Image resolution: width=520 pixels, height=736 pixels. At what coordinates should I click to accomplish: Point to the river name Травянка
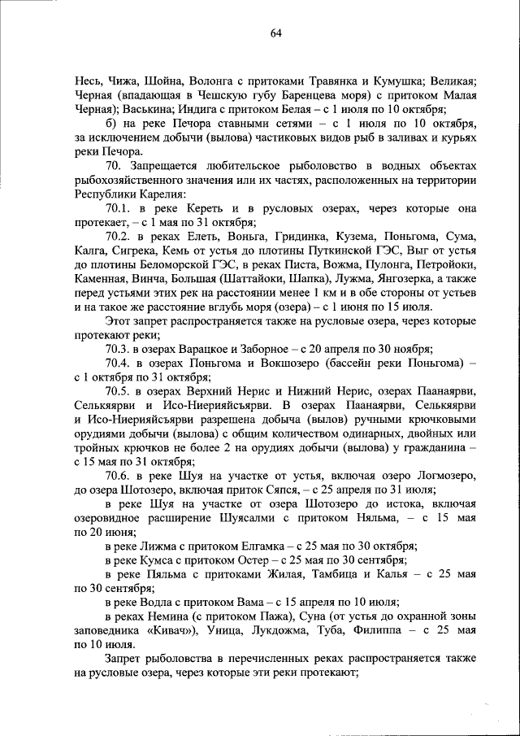pos(344,81)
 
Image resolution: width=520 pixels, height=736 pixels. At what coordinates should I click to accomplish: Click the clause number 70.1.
pos(119,208)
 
